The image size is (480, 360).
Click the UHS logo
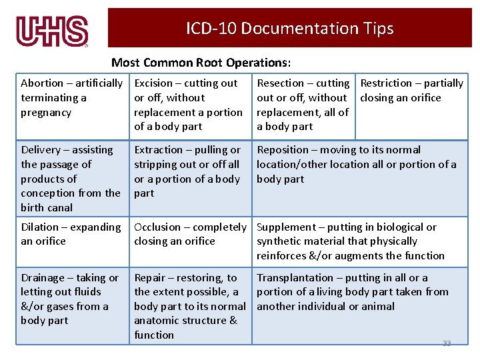pos(52,31)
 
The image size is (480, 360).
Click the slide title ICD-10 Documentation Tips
pos(289,29)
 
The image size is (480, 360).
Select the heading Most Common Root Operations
pos(201,63)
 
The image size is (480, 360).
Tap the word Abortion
pos(42,83)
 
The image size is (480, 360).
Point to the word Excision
pos(153,83)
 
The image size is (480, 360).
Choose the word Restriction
pos(386,83)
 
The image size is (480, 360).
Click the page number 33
pos(447,343)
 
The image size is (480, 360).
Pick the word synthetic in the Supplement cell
pos(279,241)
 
